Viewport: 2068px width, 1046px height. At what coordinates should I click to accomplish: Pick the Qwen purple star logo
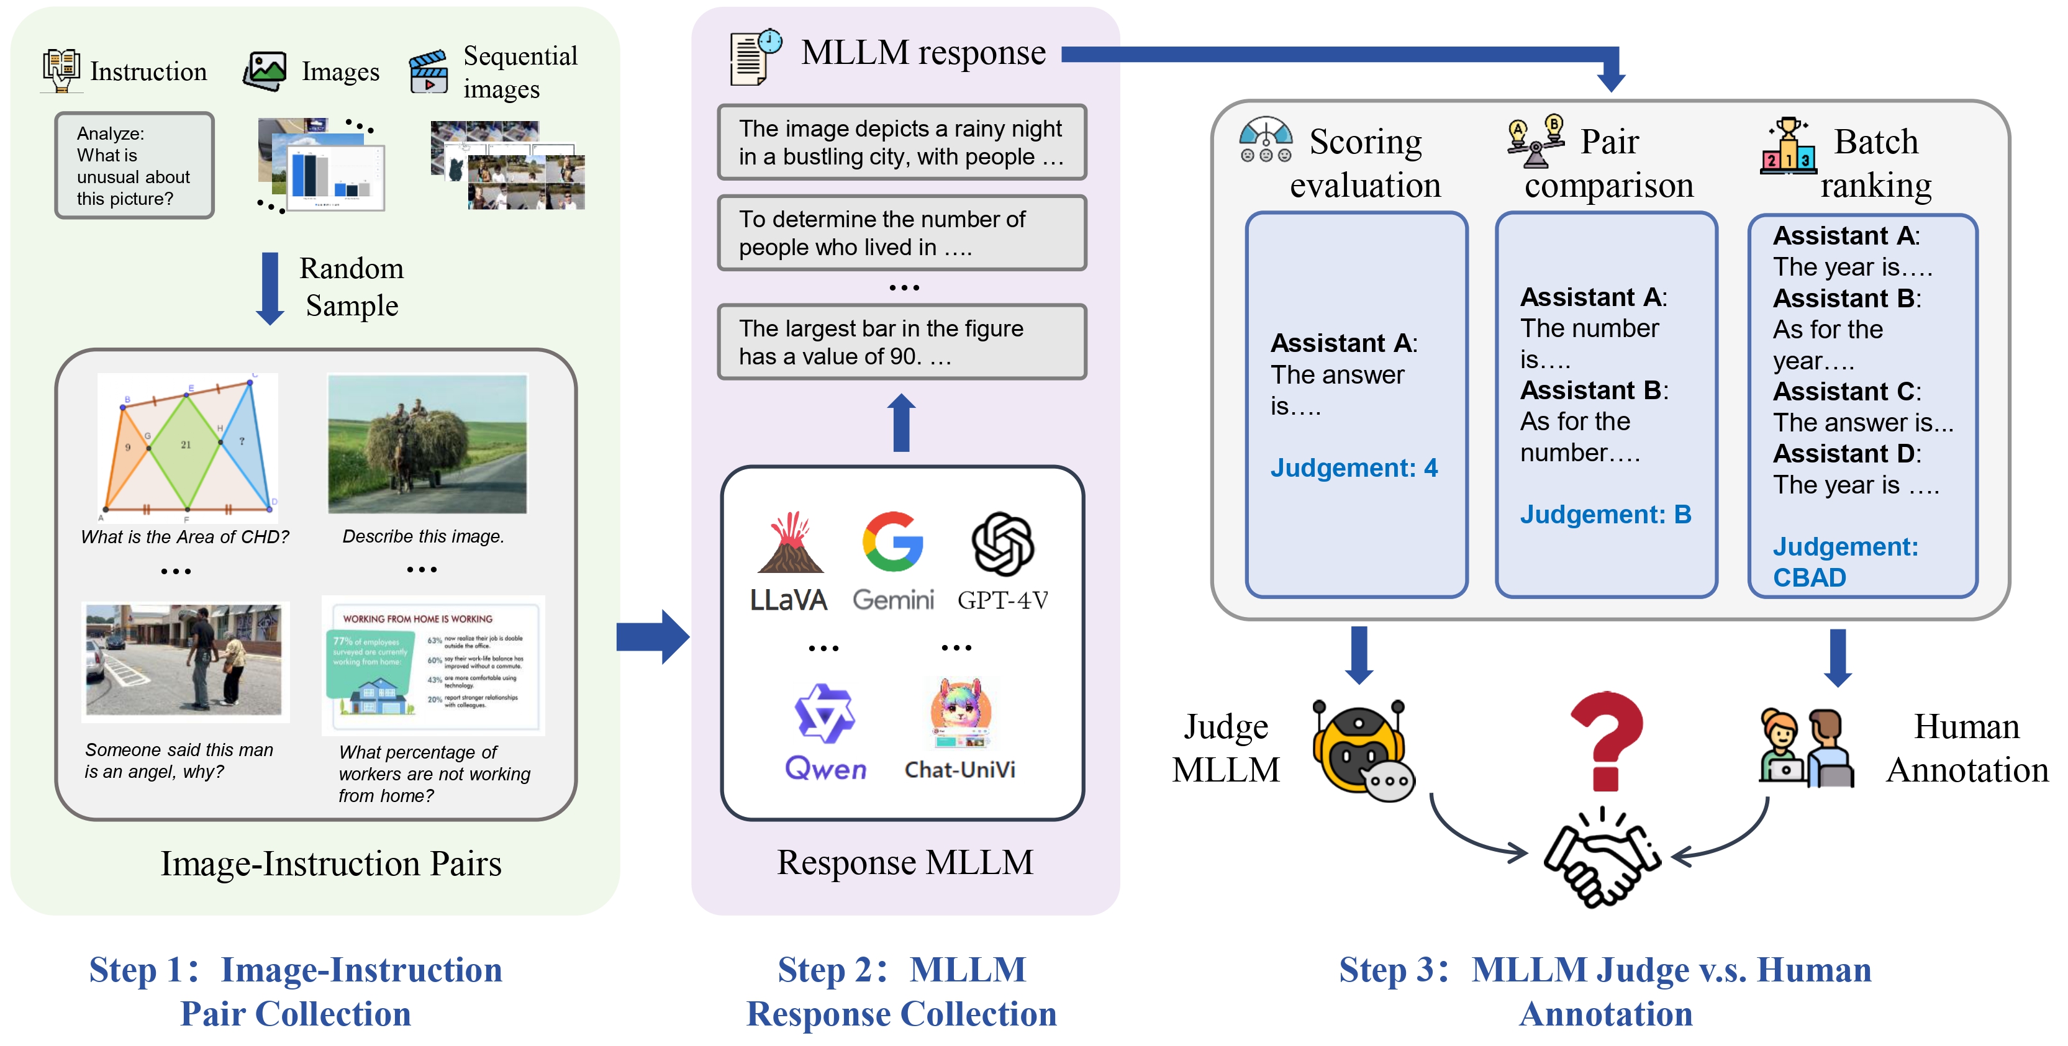click(x=825, y=712)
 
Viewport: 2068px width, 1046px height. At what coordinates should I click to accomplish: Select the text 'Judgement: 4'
click(x=1353, y=468)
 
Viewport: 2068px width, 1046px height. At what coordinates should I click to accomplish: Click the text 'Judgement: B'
click(x=1605, y=515)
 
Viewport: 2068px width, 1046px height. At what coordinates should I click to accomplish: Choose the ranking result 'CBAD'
click(x=1810, y=578)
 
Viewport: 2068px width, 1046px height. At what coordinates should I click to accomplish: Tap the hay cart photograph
click(x=427, y=444)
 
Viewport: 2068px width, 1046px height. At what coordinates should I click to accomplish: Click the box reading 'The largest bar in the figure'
click(x=902, y=342)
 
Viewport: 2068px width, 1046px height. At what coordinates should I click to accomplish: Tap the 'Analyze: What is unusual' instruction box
click(x=134, y=165)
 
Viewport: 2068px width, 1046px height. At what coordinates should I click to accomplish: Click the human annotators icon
click(x=1807, y=747)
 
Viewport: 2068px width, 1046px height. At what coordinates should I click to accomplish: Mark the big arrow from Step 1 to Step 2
click(x=652, y=636)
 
